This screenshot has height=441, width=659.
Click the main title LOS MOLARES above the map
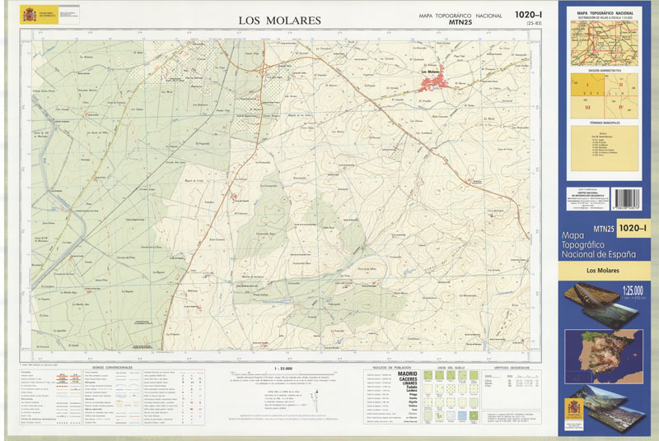click(x=279, y=20)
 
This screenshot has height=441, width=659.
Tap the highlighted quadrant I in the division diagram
click(x=587, y=86)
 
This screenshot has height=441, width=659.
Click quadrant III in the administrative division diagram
click(x=587, y=106)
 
